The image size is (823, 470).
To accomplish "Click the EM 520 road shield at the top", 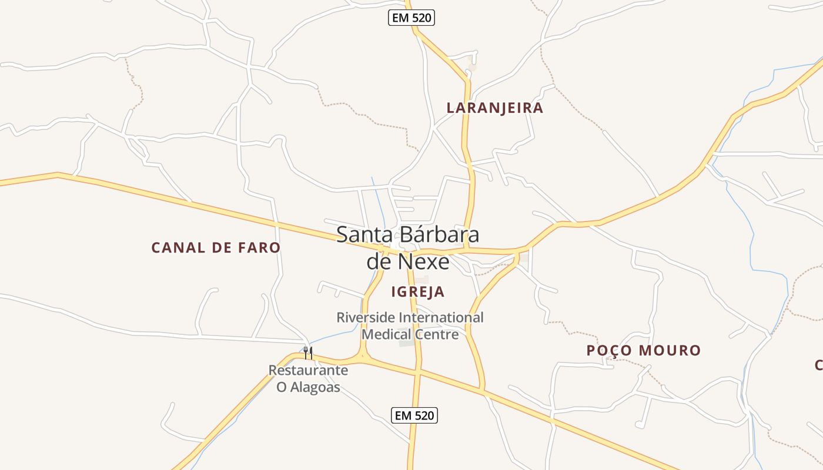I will click(x=411, y=18).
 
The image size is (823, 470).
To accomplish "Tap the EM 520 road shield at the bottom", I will click(x=414, y=415).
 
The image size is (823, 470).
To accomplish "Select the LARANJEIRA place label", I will click(x=495, y=108).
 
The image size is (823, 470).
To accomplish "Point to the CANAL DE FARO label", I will click(x=216, y=248).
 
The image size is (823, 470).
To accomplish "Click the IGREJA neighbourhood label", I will click(x=418, y=292).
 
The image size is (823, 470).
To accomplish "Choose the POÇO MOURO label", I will click(x=644, y=351).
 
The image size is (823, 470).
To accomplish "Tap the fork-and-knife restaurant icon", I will click(x=307, y=352).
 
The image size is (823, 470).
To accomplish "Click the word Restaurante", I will click(x=308, y=371).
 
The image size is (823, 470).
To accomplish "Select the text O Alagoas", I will click(x=308, y=388).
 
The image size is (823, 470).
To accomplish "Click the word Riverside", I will click(x=366, y=318).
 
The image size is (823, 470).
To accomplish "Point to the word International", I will click(x=441, y=318).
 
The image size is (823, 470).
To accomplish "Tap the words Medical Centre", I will click(x=410, y=335).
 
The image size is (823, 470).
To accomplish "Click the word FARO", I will click(x=259, y=248).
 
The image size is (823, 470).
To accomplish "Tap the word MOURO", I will click(x=671, y=351).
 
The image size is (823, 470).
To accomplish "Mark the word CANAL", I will click(x=175, y=248).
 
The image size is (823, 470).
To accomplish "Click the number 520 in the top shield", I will click(x=421, y=18).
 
